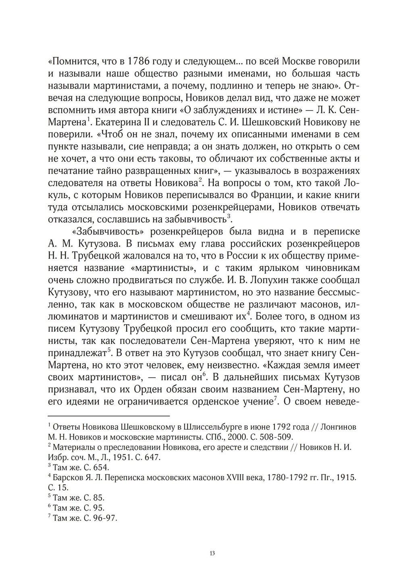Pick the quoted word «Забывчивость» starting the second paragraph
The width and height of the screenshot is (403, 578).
pyautogui.click(x=104, y=232)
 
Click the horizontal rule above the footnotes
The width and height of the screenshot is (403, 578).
pyautogui.click(x=109, y=416)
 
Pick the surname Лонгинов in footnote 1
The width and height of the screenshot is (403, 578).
pyautogui.click(x=338, y=427)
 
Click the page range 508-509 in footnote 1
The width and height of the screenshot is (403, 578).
pyautogui.click(x=274, y=437)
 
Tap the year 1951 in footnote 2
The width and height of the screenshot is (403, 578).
pyautogui.click(x=117, y=457)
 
